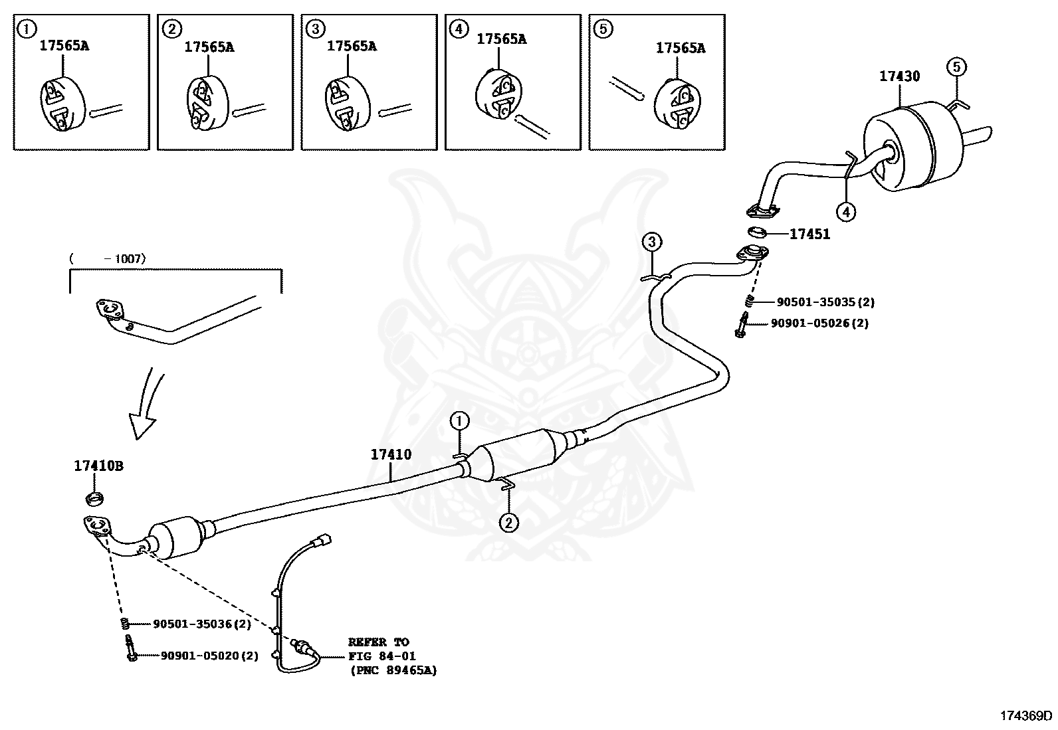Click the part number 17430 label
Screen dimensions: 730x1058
[x=899, y=76]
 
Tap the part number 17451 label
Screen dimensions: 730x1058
[x=809, y=234]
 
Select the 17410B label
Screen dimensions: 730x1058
[x=98, y=466]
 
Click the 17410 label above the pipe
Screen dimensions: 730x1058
[x=391, y=455]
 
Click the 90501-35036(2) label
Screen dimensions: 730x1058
[x=202, y=624]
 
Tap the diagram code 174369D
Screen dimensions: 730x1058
[x=1026, y=715]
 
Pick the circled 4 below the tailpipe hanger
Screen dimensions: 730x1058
[x=845, y=212]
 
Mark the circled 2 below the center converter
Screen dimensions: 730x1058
[x=508, y=523]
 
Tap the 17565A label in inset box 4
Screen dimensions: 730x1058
[x=501, y=39]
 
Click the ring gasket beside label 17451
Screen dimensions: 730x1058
[x=757, y=232]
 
